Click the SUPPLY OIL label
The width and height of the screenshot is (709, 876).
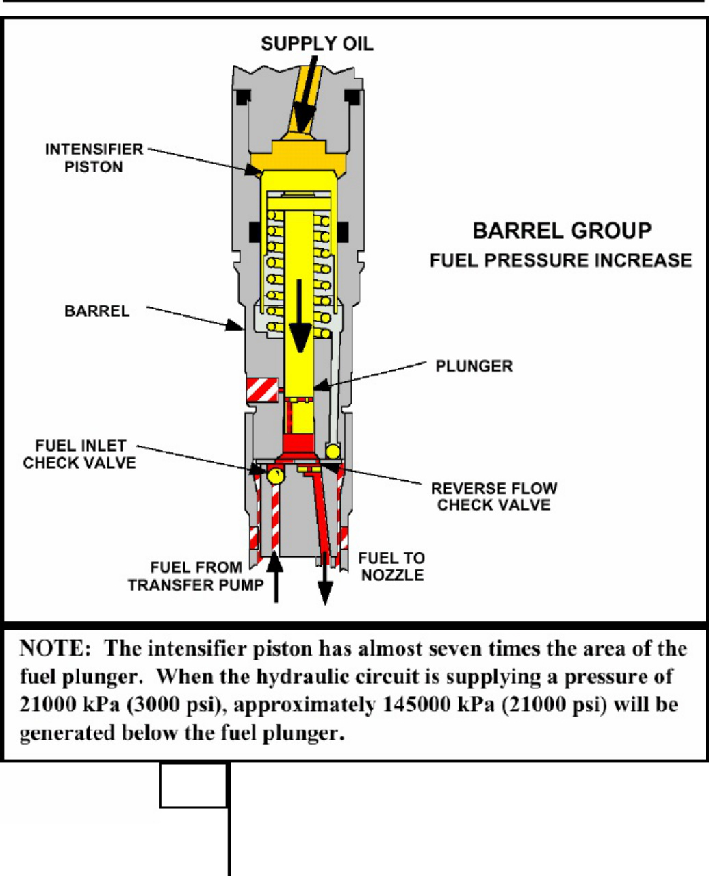click(317, 44)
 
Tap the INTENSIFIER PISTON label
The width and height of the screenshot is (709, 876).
click(94, 158)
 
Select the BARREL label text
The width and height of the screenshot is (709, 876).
click(97, 311)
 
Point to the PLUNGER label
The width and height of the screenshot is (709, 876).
click(474, 366)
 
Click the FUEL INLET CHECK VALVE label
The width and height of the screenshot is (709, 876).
click(79, 454)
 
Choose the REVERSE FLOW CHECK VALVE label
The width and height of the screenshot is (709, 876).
click(494, 497)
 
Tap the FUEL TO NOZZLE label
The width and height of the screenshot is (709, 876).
click(392, 567)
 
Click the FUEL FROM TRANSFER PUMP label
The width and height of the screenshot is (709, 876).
click(196, 576)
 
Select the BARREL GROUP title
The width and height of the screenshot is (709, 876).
click(562, 231)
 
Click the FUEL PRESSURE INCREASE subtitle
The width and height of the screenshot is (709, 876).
click(561, 260)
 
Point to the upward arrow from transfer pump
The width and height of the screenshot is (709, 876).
click(275, 578)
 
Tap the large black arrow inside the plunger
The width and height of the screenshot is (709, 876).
click(300, 316)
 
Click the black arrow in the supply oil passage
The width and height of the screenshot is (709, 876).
click(305, 94)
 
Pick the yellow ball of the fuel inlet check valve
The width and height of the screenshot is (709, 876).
click(275, 476)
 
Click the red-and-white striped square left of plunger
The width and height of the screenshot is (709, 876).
click(262, 390)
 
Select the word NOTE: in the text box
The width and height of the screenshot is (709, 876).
click(55, 649)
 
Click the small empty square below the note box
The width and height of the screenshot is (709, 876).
click(193, 786)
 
